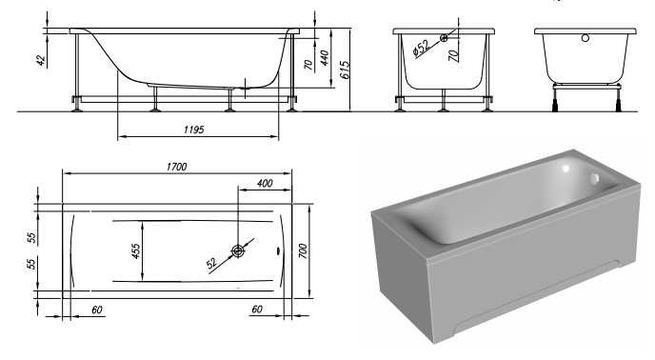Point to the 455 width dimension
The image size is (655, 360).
point(136,251)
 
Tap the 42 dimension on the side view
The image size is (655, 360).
point(41,59)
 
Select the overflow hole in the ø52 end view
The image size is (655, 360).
point(445,39)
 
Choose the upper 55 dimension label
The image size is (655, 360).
point(31,236)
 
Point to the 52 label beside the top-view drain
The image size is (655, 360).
point(210,264)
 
